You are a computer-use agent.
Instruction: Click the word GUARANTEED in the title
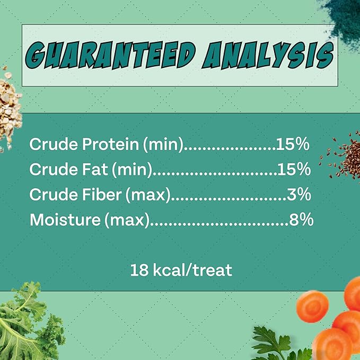[110, 55]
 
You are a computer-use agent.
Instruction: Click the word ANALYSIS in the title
[267, 55]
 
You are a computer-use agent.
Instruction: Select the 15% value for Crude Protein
[293, 145]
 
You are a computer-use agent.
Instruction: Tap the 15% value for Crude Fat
[293, 170]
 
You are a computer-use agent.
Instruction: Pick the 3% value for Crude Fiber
[298, 195]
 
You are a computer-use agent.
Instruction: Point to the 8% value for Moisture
[301, 219]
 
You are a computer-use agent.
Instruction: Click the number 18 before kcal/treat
[139, 270]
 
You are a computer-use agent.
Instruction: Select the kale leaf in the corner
[27, 323]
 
